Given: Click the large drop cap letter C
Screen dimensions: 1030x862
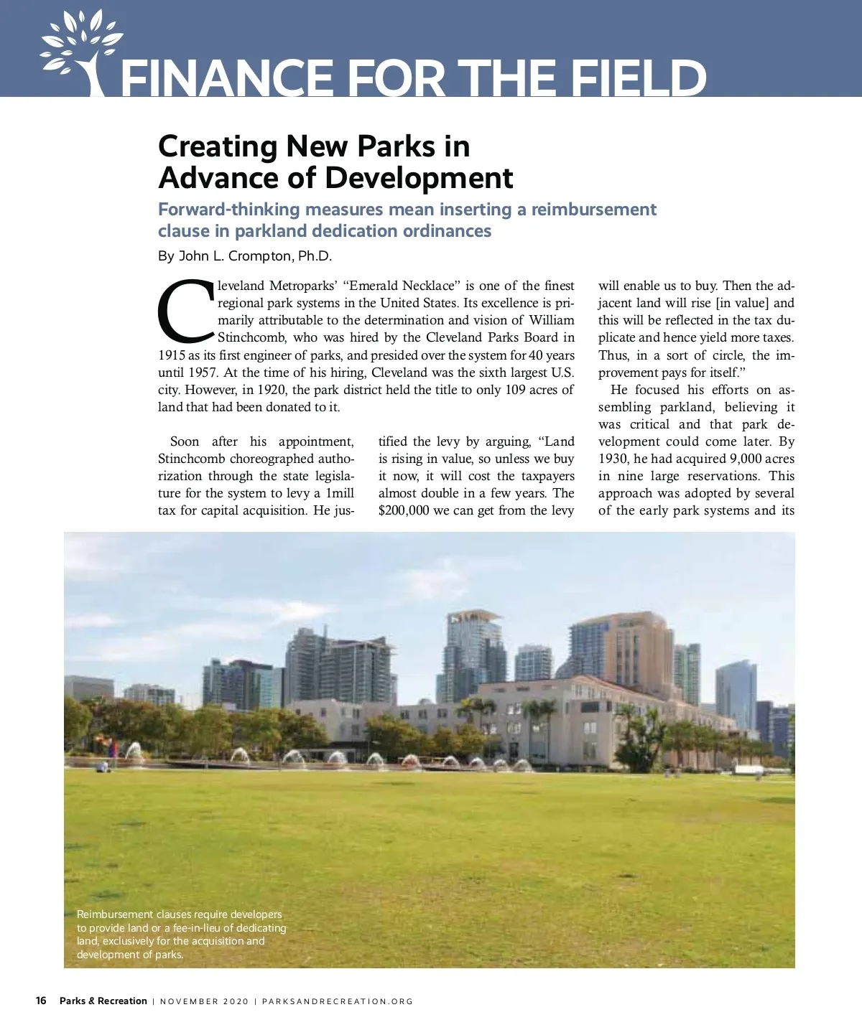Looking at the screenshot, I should [x=185, y=311].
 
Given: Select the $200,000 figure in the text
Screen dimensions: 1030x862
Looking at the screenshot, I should [x=404, y=510].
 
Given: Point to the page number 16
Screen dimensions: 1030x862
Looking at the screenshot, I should [x=41, y=1001].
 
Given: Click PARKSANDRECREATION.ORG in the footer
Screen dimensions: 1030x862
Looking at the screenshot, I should [x=338, y=1001].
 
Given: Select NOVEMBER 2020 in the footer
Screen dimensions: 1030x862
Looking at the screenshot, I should [x=204, y=1001].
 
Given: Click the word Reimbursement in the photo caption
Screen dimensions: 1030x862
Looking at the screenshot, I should [x=115, y=914].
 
